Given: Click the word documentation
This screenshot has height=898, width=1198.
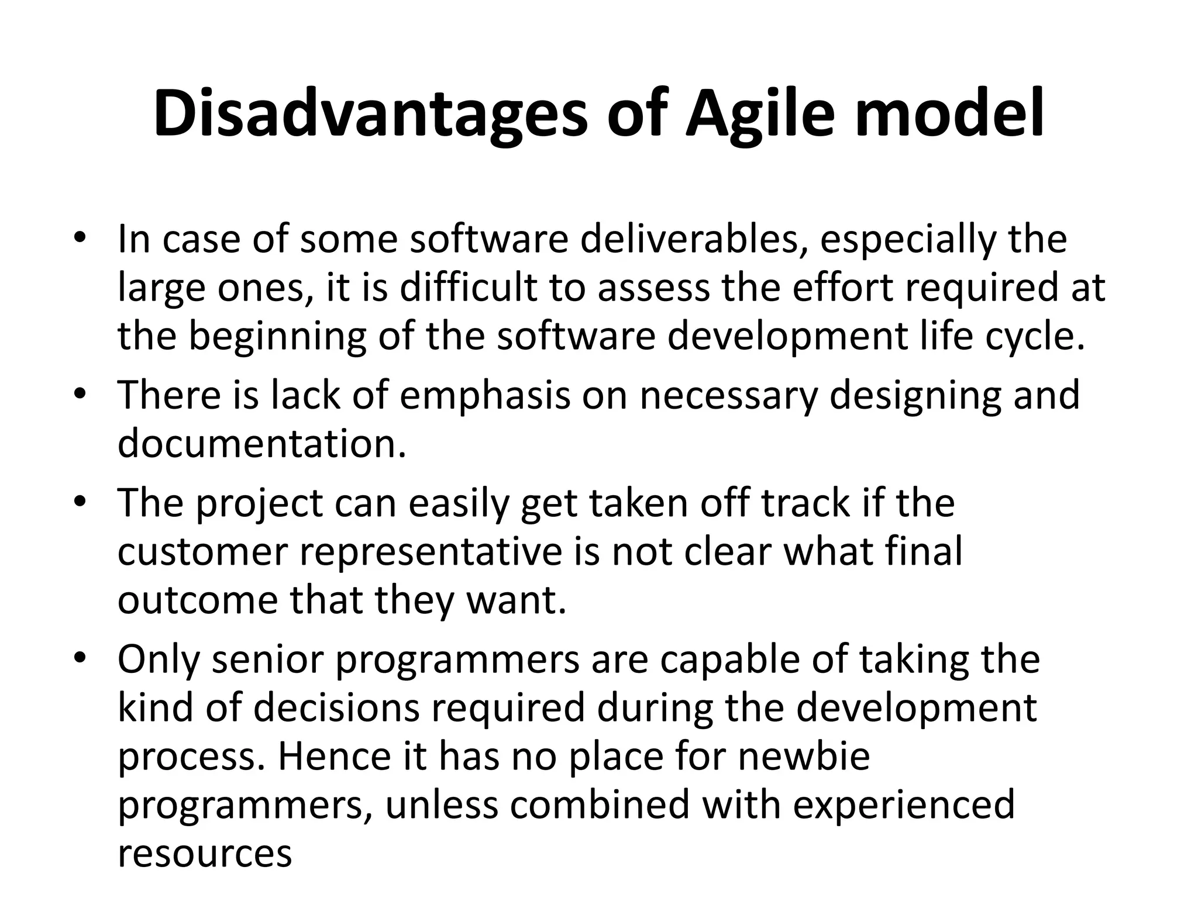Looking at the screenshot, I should [x=261, y=444].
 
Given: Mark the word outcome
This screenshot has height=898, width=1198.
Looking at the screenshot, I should [x=197, y=601].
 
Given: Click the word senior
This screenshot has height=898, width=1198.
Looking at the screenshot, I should [x=267, y=659].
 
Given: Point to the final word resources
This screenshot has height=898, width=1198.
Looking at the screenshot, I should [x=205, y=854].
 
